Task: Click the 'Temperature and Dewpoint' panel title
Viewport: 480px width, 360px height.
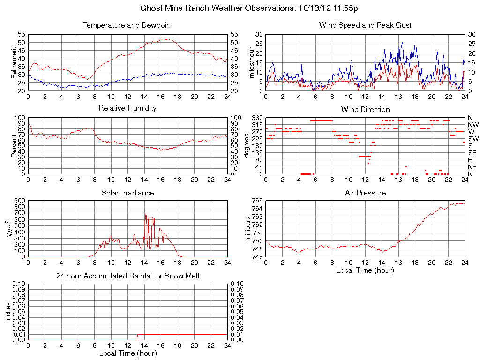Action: (128, 25)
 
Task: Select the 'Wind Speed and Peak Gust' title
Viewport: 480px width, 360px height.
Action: (365, 25)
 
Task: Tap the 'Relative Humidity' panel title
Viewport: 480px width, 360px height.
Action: (127, 108)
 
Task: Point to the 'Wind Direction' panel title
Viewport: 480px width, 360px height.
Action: (365, 109)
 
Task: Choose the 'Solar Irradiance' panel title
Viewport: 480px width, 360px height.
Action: (127, 193)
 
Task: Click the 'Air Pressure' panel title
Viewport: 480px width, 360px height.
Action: (365, 193)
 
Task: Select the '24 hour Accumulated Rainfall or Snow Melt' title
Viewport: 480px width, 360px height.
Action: (127, 276)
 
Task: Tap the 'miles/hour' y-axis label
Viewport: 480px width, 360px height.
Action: (251, 62)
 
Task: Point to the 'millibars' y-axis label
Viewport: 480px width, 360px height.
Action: (249, 229)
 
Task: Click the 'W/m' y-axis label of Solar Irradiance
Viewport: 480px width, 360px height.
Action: (11, 229)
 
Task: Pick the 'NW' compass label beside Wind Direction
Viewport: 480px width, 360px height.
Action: (472, 125)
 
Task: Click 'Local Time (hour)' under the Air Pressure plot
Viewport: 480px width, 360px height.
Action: (365, 270)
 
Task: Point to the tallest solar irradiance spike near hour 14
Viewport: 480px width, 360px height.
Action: (146, 214)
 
